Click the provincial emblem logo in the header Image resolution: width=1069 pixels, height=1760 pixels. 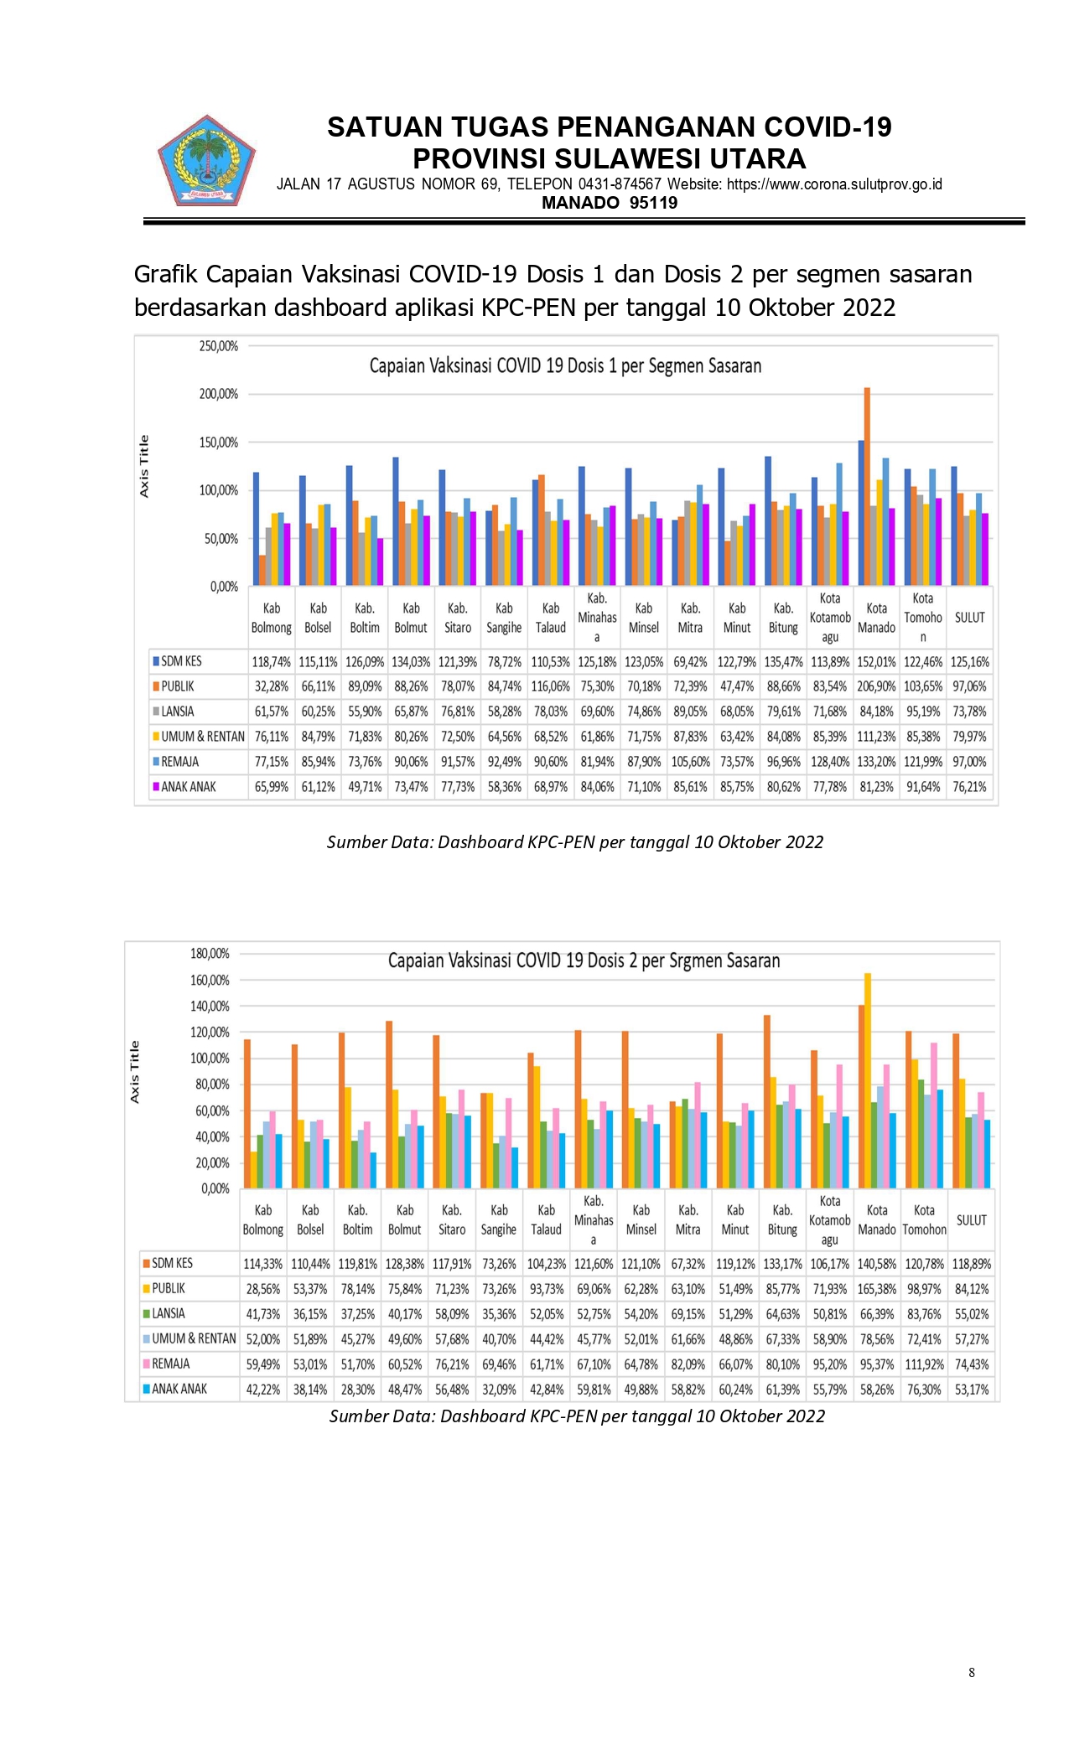point(206,161)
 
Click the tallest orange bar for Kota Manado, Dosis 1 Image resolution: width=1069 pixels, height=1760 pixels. point(868,486)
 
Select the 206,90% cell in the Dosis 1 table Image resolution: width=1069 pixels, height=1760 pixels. point(876,686)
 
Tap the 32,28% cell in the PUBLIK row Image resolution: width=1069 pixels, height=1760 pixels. point(272,686)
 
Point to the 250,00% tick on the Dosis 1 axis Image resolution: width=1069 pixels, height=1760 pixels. point(219,346)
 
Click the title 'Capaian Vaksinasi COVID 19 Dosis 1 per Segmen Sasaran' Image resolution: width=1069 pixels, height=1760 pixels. point(565,366)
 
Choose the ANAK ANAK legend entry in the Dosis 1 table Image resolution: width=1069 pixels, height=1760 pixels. point(184,787)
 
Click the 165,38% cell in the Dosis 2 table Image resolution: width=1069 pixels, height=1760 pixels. point(877,1289)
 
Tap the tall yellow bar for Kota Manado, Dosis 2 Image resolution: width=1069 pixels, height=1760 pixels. point(868,1080)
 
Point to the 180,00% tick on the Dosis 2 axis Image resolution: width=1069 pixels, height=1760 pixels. point(210,954)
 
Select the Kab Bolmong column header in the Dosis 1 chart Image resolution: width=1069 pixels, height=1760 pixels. point(272,618)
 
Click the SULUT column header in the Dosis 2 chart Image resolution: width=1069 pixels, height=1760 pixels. point(972,1220)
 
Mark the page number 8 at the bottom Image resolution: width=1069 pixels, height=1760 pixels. point(972,1672)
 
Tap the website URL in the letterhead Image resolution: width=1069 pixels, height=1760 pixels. point(834,184)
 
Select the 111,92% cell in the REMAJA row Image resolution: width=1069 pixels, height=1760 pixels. point(924,1364)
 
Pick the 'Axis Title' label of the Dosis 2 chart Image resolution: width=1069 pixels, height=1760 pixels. point(134,1072)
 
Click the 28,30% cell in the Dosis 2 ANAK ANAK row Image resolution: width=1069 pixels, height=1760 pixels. point(358,1390)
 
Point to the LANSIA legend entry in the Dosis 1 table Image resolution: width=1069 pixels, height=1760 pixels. point(174,712)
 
